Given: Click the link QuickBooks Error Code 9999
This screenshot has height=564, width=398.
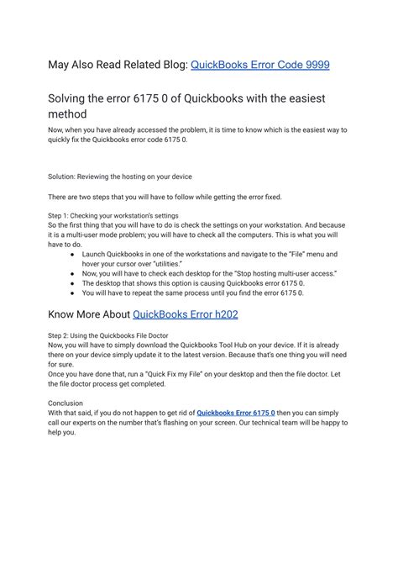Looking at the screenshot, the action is click(x=260, y=64).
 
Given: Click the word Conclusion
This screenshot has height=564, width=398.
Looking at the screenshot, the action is click(x=65, y=403).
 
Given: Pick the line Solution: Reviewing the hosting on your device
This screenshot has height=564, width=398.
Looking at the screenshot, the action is click(x=120, y=177).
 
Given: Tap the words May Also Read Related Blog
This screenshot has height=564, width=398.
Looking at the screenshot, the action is click(x=118, y=64).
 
